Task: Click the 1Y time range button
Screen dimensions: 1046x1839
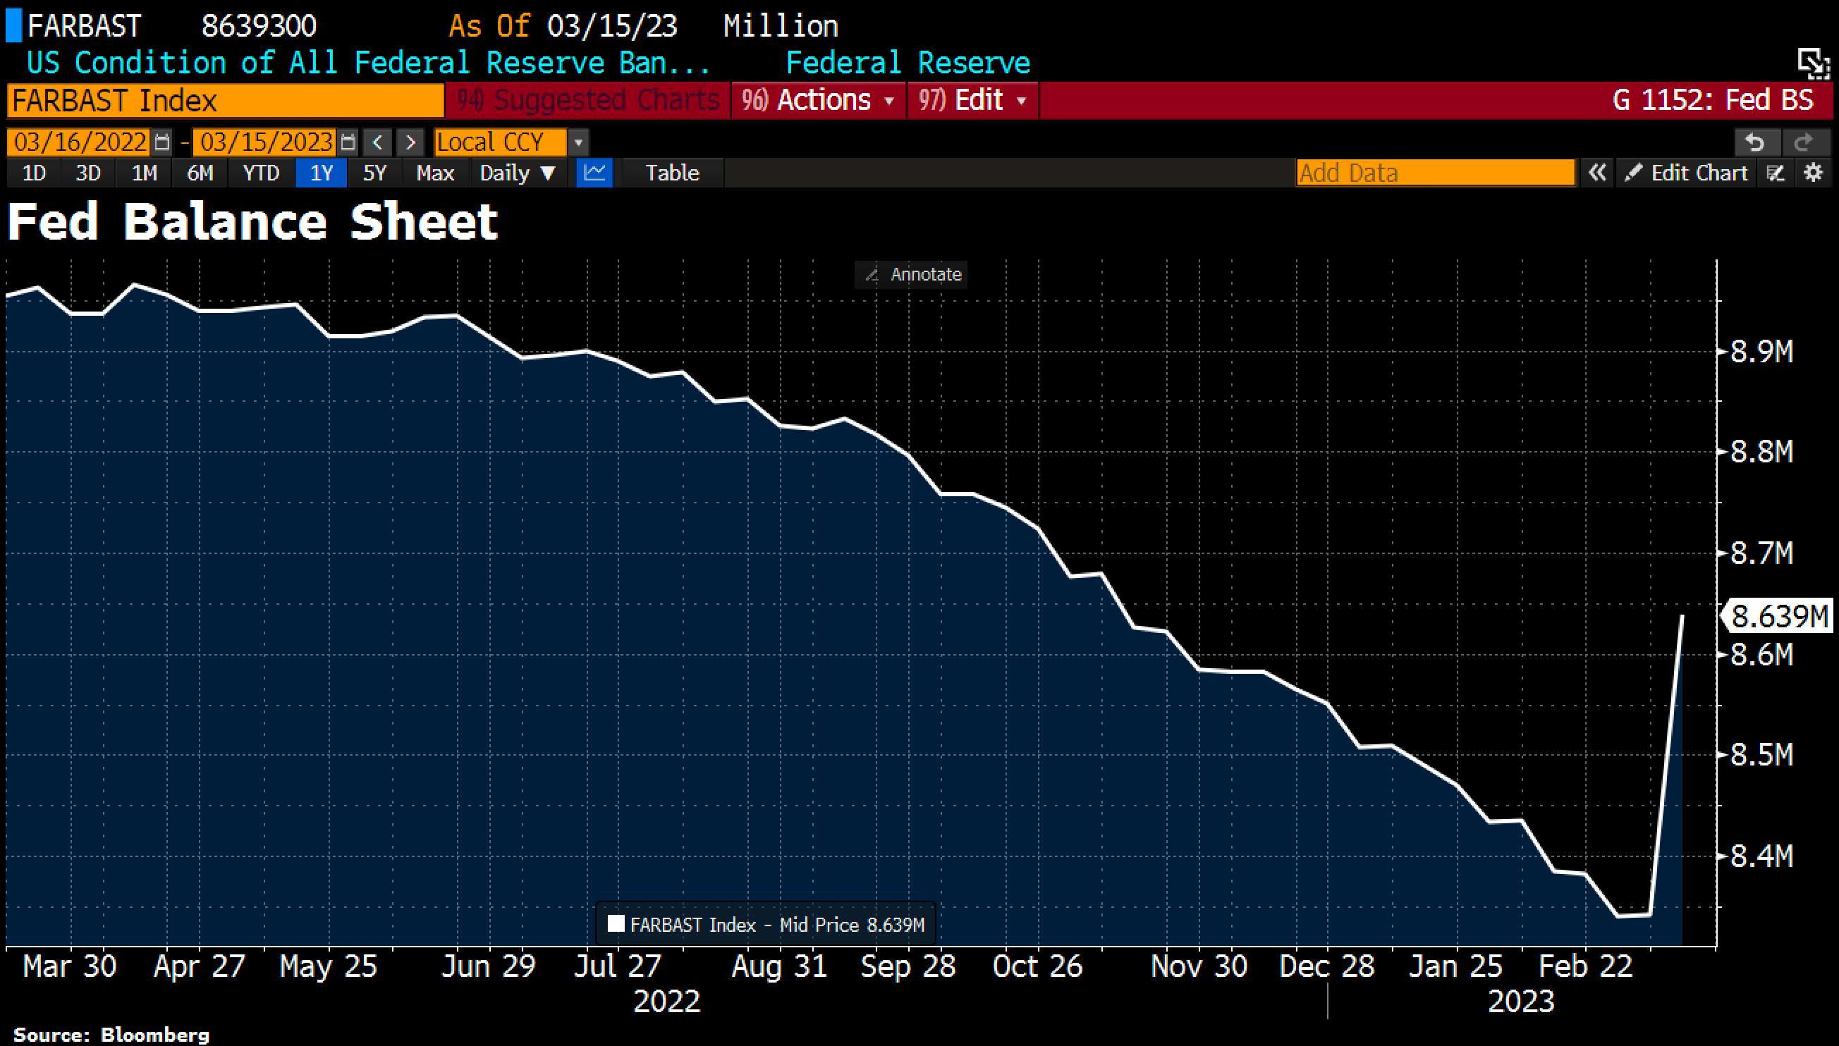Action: [322, 173]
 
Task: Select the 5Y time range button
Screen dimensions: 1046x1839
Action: [374, 173]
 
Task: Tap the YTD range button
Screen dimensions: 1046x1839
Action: [260, 173]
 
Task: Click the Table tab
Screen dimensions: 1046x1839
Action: [672, 173]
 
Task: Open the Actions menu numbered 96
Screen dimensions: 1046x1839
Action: [818, 100]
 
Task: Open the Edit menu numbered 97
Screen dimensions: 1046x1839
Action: [973, 100]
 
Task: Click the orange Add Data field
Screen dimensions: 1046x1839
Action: [1435, 173]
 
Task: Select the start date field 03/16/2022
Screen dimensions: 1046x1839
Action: [80, 142]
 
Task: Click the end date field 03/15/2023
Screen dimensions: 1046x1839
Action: [266, 142]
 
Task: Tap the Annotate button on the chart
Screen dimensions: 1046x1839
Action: [912, 274]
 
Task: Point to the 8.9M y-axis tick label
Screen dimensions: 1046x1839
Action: [1761, 352]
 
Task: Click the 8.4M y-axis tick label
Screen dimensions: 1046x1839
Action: [1761, 856]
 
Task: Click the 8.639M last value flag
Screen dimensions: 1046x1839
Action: [1778, 616]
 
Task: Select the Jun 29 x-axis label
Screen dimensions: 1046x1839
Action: [488, 966]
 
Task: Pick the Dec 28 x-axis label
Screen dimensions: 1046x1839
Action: [1326, 966]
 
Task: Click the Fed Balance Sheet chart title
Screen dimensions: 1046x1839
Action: [252, 222]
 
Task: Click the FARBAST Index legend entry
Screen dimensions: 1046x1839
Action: [766, 925]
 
